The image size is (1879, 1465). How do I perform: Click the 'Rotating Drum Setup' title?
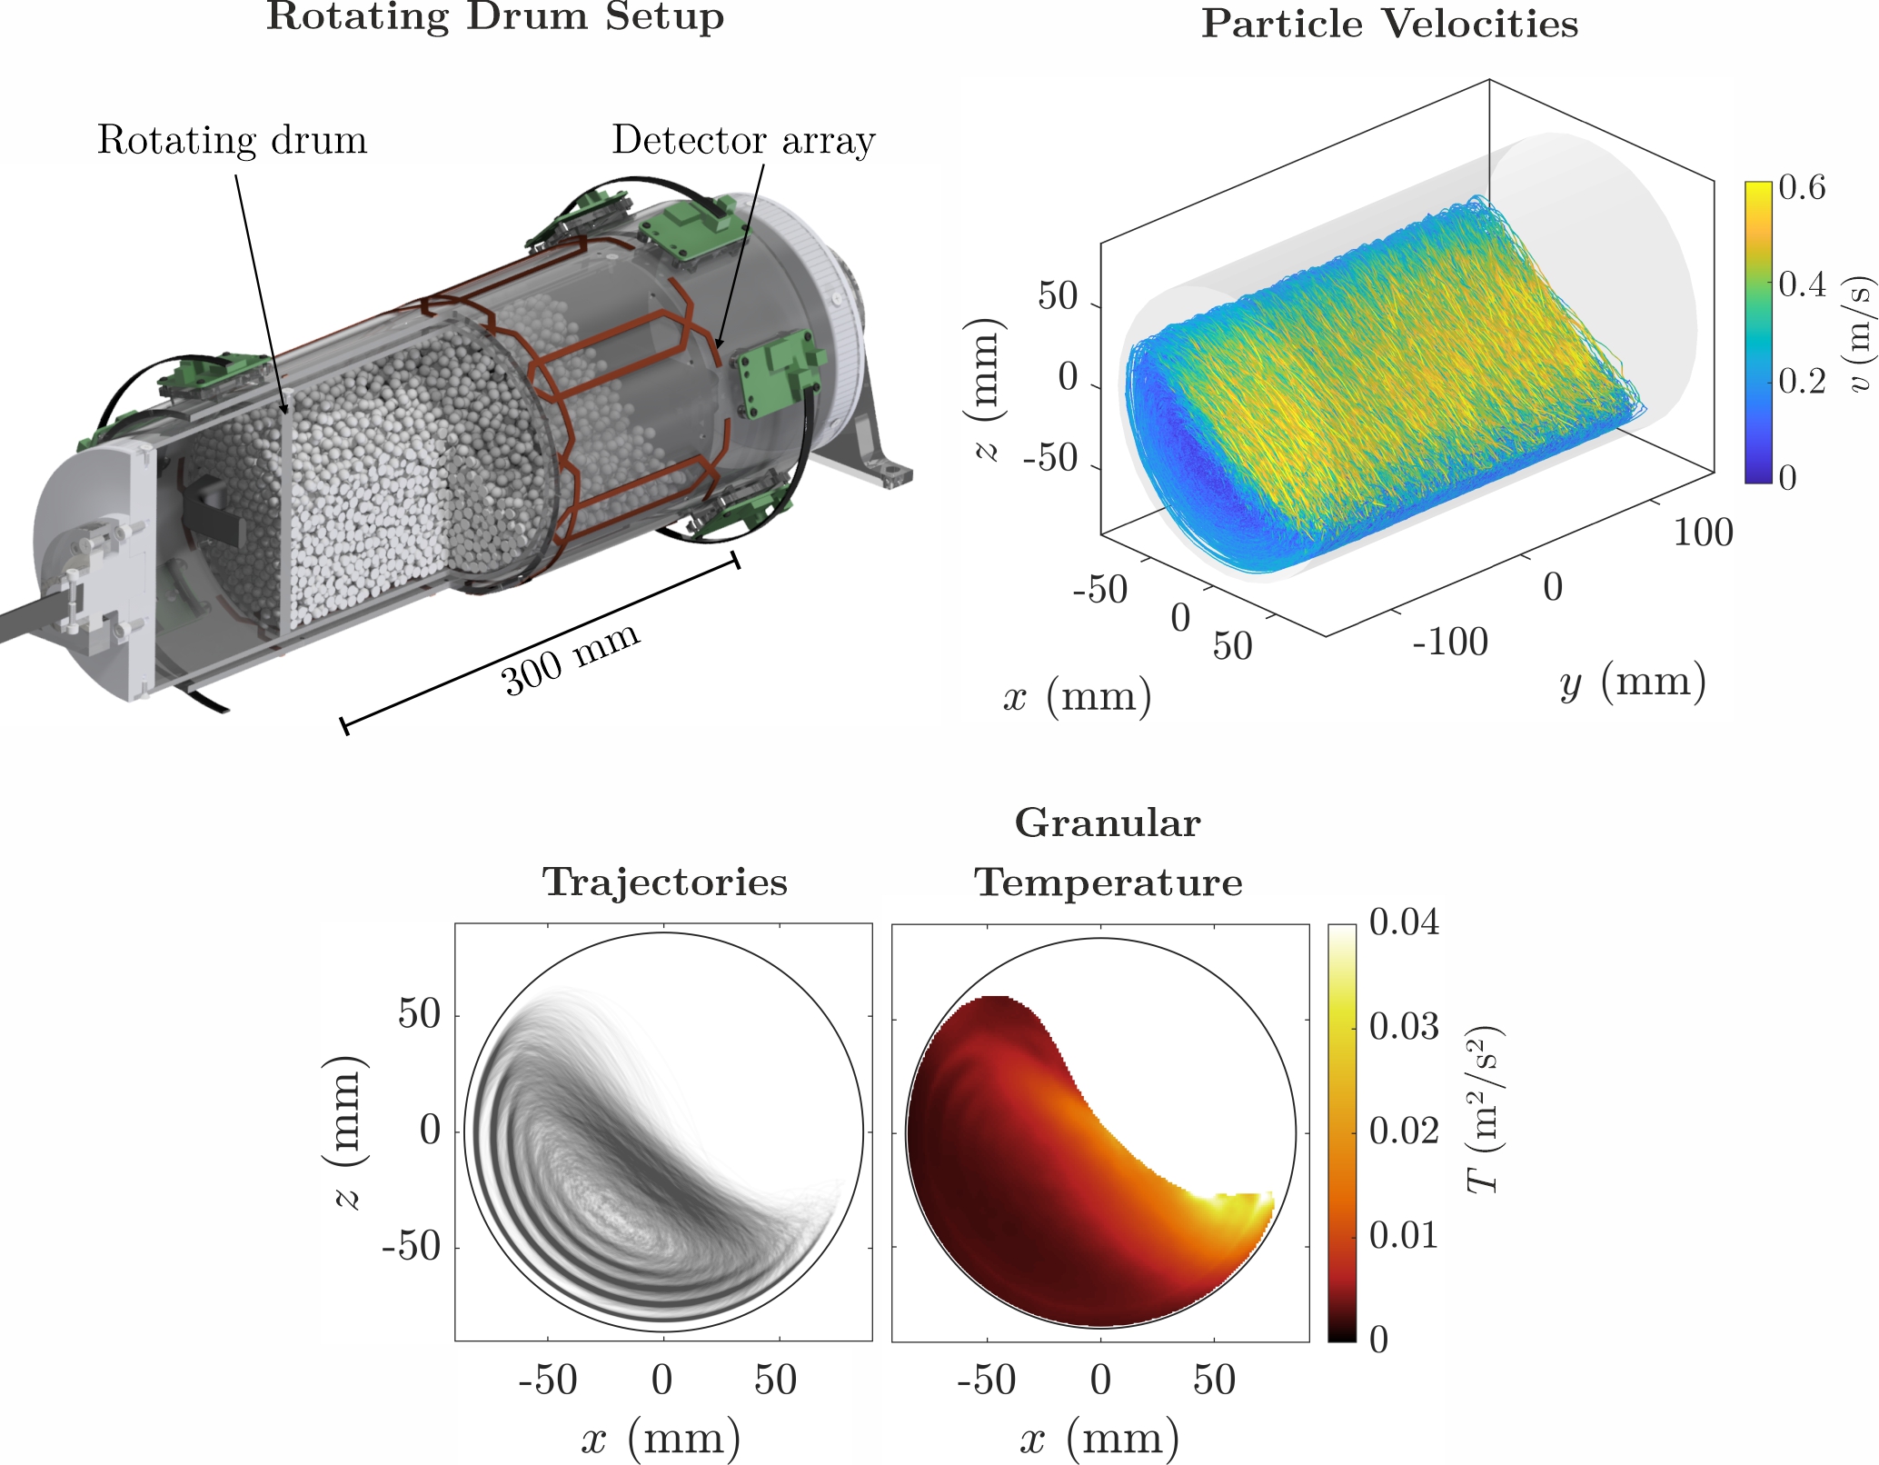point(495,17)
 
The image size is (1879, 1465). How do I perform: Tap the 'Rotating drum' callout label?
point(232,141)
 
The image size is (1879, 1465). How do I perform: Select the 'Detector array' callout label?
point(743,141)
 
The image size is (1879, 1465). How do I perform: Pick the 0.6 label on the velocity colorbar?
point(1802,188)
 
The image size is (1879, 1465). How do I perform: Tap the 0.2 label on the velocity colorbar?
point(1802,381)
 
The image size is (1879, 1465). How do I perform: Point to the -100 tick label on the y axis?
point(1450,643)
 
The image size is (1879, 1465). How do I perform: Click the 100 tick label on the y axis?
point(1703,533)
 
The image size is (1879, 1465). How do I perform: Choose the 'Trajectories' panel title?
point(664,882)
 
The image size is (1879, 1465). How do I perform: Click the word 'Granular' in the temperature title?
point(1108,823)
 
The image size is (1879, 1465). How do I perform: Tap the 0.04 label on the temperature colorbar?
point(1404,923)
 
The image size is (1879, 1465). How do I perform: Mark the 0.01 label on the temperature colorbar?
point(1404,1236)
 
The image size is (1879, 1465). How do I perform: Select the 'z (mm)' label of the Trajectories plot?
point(346,1132)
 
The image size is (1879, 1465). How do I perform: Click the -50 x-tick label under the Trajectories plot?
point(548,1380)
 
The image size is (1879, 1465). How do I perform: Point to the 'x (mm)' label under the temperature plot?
point(1099,1439)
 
